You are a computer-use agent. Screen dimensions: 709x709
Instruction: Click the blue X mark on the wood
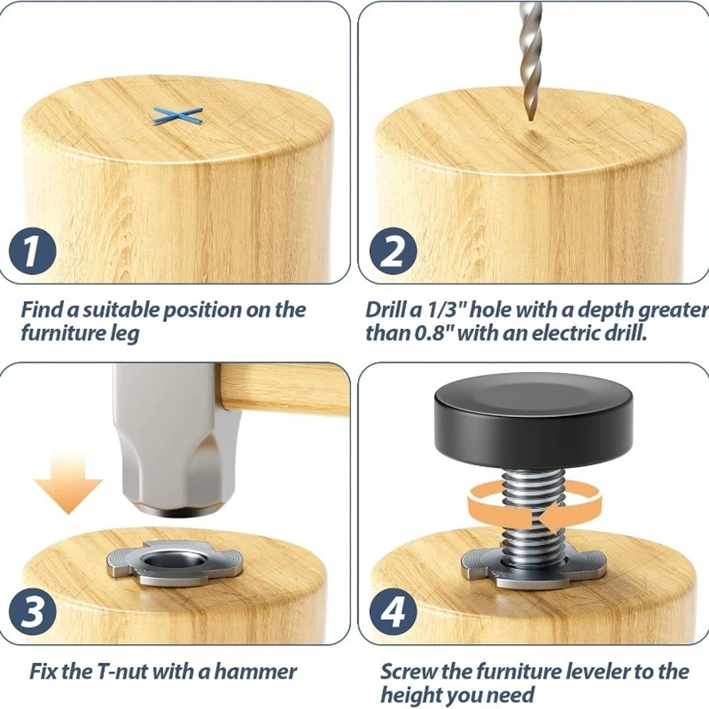177,116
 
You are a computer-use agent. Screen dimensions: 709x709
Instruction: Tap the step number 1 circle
32,252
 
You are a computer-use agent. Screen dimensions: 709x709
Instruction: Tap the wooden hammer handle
284,389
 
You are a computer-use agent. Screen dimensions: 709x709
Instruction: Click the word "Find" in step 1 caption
42,310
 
